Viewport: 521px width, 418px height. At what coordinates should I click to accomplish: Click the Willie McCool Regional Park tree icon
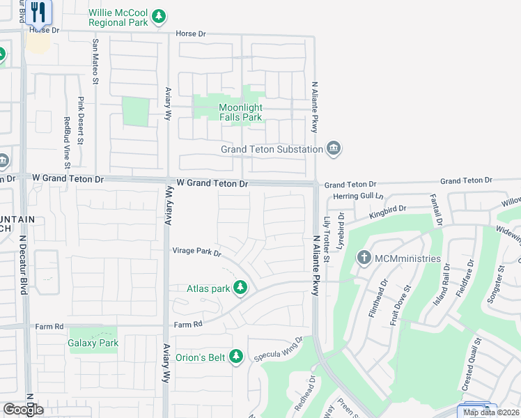click(x=160, y=15)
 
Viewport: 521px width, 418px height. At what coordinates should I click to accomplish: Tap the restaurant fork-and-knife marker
click(x=38, y=12)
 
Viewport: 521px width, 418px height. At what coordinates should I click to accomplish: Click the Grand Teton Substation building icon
click(x=334, y=148)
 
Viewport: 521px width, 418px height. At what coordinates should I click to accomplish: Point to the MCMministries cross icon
click(x=363, y=258)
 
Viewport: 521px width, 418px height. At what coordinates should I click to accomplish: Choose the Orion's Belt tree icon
click(x=236, y=357)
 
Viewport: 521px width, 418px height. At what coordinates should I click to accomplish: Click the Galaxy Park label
click(x=93, y=343)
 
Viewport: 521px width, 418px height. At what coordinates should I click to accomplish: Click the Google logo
click(x=23, y=410)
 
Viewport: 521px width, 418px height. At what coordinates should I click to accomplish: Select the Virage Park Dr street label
click(x=196, y=251)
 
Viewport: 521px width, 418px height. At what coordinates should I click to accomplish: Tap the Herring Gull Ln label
click(x=359, y=197)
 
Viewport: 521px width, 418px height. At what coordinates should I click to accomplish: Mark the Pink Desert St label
click(x=81, y=121)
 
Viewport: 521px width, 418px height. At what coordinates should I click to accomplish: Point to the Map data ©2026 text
click(x=492, y=412)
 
